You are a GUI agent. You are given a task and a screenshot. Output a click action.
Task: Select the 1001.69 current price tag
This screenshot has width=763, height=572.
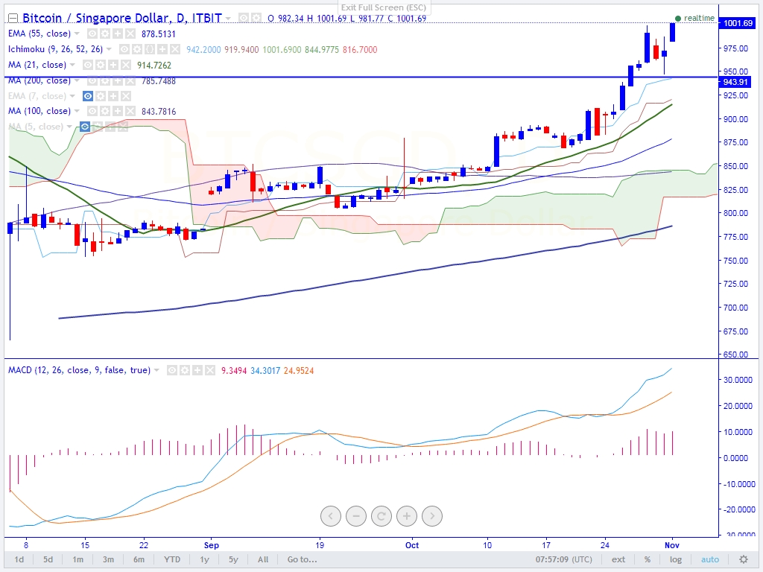point(738,23)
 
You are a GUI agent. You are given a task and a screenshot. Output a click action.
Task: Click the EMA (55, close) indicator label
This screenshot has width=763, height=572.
point(39,34)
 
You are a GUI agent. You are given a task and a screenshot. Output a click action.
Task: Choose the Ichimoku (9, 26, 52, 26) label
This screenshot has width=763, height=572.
point(55,49)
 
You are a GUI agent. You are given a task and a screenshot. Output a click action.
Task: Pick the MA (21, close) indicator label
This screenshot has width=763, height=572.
point(37,65)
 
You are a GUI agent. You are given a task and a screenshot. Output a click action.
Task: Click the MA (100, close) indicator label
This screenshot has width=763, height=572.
point(39,111)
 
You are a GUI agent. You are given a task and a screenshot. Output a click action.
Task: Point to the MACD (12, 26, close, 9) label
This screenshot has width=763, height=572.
point(78,369)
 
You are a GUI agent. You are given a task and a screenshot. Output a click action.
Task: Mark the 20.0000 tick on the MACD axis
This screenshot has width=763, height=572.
point(738,406)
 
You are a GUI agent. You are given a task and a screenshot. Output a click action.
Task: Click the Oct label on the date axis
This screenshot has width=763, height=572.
point(412,544)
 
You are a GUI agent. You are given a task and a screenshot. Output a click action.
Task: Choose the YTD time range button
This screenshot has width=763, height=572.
point(172,559)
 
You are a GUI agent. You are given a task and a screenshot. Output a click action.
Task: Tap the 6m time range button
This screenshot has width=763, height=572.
point(139,559)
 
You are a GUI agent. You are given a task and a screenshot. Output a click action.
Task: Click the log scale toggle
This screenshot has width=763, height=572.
point(675,559)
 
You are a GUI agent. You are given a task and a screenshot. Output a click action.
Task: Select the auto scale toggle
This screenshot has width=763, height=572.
point(709,559)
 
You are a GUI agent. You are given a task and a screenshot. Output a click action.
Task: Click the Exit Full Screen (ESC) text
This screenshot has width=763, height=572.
point(383,7)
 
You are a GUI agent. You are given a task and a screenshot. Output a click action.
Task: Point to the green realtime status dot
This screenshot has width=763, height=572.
point(677,18)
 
